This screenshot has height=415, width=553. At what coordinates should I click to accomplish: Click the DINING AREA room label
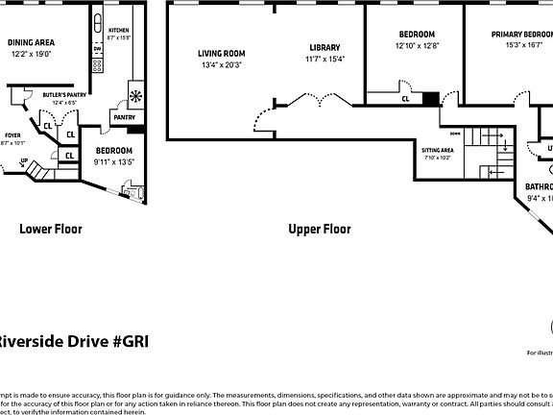click(x=31, y=42)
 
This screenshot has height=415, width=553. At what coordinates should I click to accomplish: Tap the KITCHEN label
click(x=119, y=31)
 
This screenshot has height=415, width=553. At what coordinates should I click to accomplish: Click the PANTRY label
click(x=125, y=117)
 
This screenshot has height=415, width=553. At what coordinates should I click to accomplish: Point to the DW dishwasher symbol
click(x=97, y=49)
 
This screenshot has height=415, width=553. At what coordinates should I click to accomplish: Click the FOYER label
click(x=12, y=135)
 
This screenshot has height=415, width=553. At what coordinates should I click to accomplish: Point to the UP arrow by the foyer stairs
click(x=23, y=161)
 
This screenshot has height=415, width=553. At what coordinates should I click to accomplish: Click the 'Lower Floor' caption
click(x=51, y=229)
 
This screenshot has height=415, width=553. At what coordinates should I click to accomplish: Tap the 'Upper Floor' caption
click(x=320, y=229)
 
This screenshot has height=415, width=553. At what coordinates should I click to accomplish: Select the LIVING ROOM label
click(x=222, y=54)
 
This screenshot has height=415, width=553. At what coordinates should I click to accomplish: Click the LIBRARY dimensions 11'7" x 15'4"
click(x=325, y=60)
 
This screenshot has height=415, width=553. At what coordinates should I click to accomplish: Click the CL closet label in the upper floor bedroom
click(x=406, y=98)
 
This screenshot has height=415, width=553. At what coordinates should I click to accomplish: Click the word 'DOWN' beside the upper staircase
click(x=455, y=134)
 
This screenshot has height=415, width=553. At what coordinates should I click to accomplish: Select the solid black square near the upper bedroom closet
click(x=430, y=98)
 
